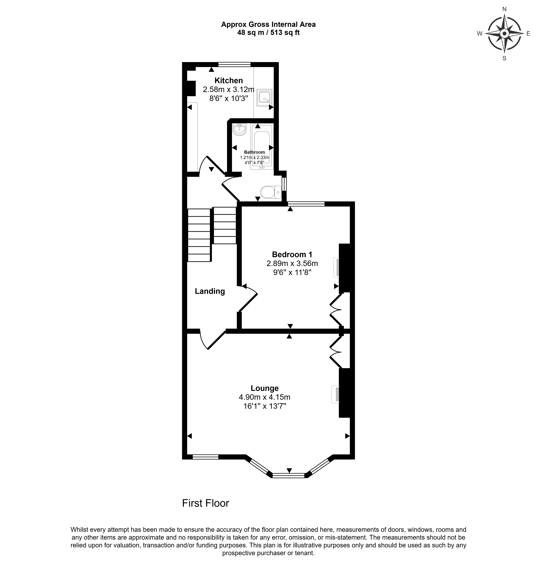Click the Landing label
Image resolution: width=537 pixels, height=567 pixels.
click(210, 291)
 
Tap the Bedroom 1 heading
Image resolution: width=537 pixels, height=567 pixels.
click(292, 254)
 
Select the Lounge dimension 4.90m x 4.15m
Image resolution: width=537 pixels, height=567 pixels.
click(264, 397)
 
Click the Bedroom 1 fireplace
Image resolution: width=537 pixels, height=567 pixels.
click(336, 268)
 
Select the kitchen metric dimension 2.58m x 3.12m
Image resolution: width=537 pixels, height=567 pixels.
click(229, 89)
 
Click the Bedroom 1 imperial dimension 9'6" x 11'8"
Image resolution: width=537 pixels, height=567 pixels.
click(292, 272)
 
